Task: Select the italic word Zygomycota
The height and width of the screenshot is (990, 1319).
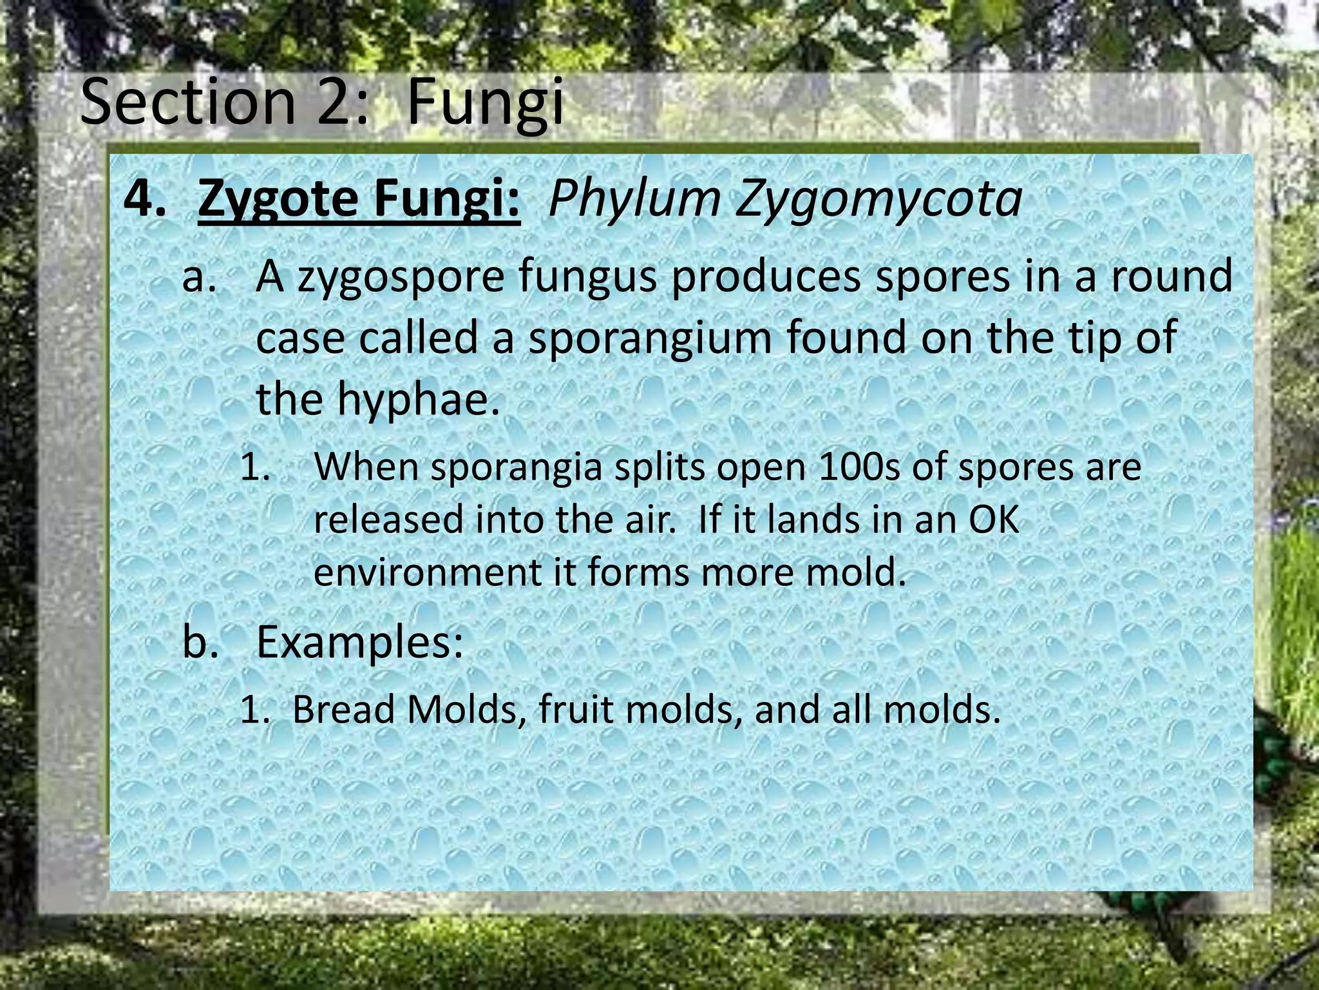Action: tap(879, 199)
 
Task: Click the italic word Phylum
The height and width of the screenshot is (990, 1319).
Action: tap(634, 199)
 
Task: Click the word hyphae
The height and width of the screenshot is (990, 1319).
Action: tap(419, 398)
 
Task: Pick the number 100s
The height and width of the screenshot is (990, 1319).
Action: tap(851, 467)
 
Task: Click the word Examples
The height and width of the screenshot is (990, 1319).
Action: tap(359, 642)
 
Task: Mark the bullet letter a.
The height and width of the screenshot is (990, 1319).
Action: tap(196, 276)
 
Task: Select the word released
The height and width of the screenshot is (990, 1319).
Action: tap(388, 519)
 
